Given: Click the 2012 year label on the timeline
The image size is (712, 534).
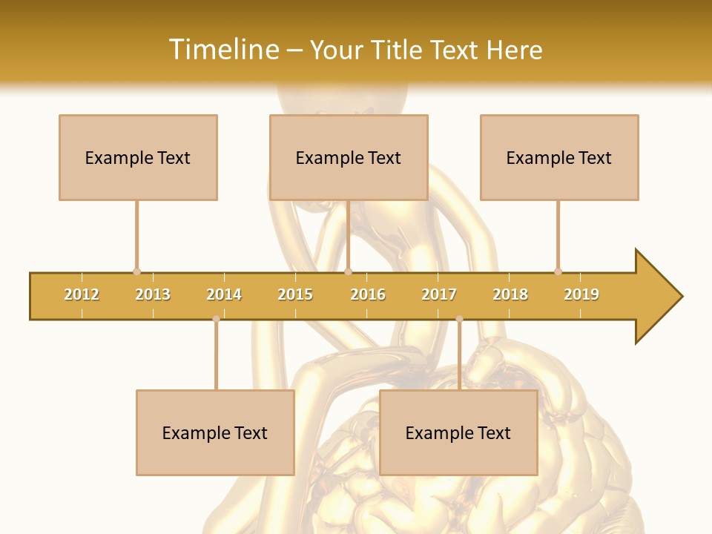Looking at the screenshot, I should [82, 294].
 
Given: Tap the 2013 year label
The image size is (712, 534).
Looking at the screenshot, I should [153, 294].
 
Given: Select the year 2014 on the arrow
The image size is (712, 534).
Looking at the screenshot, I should [224, 294].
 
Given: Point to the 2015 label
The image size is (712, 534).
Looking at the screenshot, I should [295, 294].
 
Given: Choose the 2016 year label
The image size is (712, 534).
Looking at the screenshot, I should [368, 294].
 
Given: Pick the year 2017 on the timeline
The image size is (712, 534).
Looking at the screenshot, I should [439, 294].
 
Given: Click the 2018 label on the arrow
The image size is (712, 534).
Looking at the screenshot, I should [510, 294].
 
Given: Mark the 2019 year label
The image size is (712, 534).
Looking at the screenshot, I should [581, 294].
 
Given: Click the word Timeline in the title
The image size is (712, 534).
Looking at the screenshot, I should [222, 50].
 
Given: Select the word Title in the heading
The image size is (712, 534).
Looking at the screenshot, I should [398, 50].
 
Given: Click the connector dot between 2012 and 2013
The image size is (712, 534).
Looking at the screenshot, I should [136, 271].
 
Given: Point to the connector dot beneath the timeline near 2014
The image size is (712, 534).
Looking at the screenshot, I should [216, 319].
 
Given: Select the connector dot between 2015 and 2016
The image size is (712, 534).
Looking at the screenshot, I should [349, 271].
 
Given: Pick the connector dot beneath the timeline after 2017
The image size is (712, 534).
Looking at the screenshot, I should [459, 319].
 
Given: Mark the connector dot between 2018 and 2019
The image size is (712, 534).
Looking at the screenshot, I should [558, 271].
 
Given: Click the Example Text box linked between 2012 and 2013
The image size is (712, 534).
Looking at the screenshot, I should [138, 157].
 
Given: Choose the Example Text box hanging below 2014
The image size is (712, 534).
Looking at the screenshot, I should [215, 432].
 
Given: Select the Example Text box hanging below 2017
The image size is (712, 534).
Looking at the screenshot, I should [458, 432].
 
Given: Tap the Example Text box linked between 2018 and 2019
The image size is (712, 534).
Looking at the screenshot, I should [559, 157].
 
